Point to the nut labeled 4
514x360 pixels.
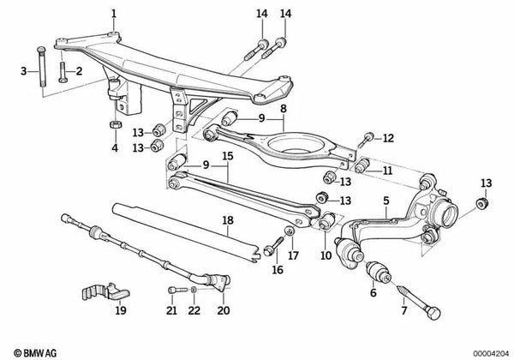(113, 124)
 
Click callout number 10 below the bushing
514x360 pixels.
(326, 255)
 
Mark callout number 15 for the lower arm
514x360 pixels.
(228, 157)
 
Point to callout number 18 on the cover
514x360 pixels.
(227, 220)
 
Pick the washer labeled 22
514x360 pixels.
(194, 292)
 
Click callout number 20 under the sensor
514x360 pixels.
(225, 311)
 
